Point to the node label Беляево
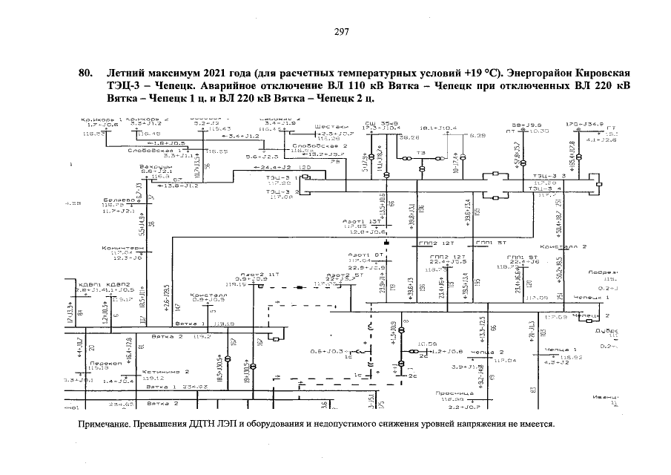117,200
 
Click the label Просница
449,393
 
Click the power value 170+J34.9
584,124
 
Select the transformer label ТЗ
421,152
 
